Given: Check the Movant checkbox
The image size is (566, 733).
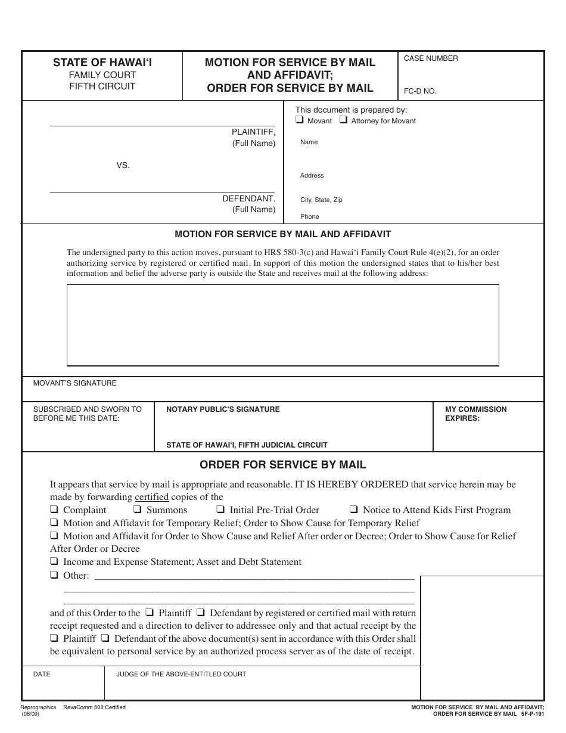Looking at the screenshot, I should tap(300, 120).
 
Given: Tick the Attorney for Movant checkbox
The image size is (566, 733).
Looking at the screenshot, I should tap(343, 120).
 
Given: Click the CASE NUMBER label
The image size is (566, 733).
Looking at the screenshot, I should tap(431, 58).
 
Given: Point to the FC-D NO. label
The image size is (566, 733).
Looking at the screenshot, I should tap(420, 91).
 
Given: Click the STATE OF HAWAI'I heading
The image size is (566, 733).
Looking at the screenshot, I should tap(102, 62).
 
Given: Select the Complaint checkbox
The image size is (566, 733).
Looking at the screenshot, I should tap(54, 510).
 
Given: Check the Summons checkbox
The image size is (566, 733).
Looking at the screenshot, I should tap(138, 510).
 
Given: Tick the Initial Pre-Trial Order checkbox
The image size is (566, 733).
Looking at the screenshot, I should tap(220, 510).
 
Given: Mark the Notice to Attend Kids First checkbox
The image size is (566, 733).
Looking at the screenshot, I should tap(353, 510).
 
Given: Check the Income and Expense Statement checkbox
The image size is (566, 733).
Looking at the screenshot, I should tap(54, 561).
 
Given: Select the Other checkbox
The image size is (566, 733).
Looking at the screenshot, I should tap(54, 575).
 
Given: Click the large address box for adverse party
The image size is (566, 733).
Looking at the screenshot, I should tap(282, 325).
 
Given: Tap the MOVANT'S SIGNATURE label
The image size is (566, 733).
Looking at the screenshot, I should tap(75, 383).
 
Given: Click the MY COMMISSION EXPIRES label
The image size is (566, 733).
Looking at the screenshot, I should tap(475, 414).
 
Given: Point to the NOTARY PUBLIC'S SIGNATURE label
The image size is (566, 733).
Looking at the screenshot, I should tap(223, 409).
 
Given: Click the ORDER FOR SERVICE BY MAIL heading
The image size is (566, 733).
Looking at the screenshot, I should tap(282, 465).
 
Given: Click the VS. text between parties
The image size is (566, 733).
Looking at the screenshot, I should tap(123, 165).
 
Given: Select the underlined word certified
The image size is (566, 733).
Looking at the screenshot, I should tap(152, 497).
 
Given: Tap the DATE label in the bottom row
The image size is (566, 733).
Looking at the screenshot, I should tap(42, 674).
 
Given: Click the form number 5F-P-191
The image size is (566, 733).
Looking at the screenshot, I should tap(532, 713).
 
